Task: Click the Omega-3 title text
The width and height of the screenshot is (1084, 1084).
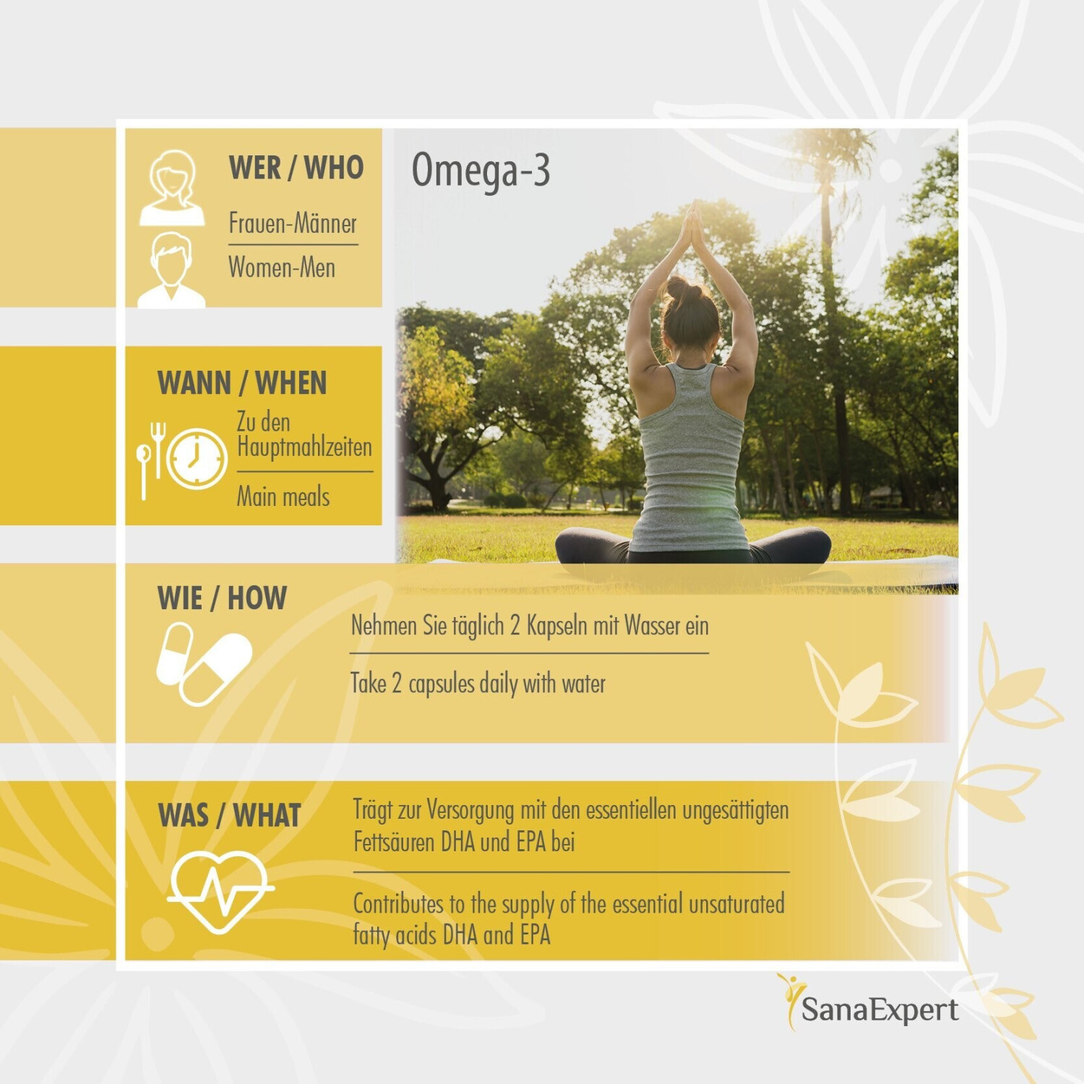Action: click(481, 171)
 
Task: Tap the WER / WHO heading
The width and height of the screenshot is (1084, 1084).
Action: click(296, 168)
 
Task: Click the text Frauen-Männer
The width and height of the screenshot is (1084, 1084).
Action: click(293, 223)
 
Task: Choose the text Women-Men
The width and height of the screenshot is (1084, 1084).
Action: click(282, 267)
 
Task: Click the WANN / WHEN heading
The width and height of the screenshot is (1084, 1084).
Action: click(242, 383)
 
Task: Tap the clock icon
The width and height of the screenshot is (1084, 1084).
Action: click(197, 458)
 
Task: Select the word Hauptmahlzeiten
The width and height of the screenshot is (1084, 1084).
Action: click(304, 447)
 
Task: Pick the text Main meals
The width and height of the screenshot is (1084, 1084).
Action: click(283, 496)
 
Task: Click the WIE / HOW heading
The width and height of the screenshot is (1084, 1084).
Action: click(222, 598)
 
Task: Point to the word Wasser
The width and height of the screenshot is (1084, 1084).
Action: click(653, 625)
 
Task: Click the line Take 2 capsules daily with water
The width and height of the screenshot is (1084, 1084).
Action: click(478, 683)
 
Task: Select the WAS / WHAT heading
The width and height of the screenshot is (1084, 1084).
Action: click(229, 815)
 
